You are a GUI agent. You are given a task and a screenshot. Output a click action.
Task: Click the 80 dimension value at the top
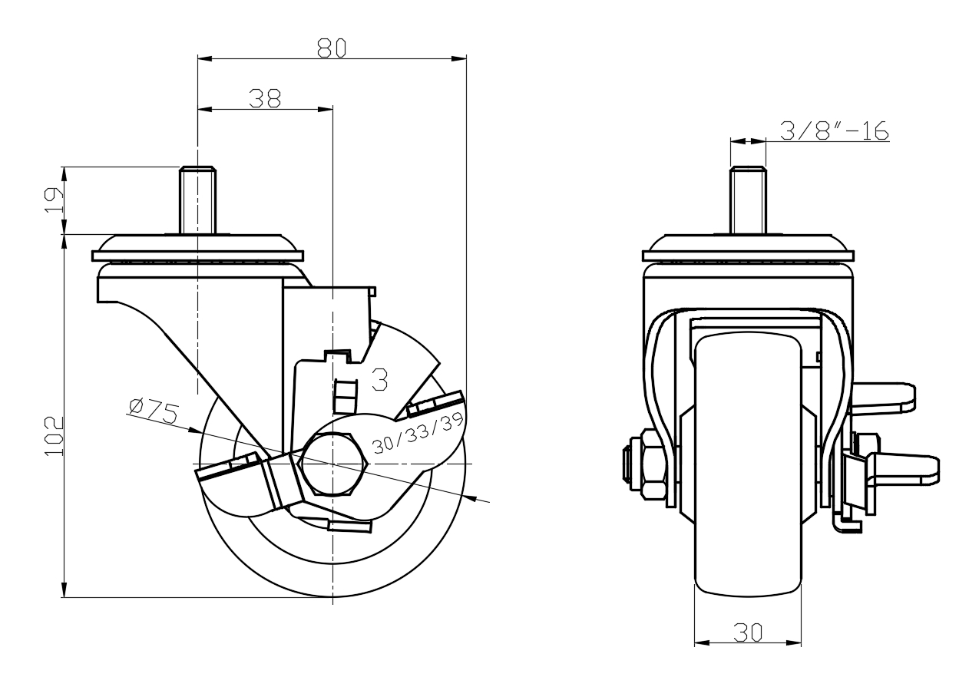click(332, 48)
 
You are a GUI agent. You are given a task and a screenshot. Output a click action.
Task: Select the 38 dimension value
click(265, 98)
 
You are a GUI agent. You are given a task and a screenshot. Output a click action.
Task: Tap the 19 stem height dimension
click(54, 200)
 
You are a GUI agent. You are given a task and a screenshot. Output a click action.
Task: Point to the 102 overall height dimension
click(54, 436)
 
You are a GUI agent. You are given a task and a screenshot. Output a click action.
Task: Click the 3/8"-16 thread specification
click(835, 130)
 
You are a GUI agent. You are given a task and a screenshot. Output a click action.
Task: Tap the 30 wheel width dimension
click(748, 633)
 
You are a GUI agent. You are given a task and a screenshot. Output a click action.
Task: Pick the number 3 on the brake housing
click(380, 379)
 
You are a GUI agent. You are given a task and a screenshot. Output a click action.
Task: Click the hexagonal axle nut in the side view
click(333, 464)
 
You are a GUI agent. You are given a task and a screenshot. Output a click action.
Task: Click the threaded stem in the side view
click(197, 200)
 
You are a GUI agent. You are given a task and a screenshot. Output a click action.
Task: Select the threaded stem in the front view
click(749, 200)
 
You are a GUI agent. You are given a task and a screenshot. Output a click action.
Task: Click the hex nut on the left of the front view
click(653, 464)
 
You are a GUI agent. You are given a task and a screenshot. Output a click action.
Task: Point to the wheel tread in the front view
click(748, 465)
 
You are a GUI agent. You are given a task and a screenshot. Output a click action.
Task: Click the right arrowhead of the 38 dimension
click(326, 109)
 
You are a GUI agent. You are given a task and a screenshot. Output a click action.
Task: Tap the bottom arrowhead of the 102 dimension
click(64, 589)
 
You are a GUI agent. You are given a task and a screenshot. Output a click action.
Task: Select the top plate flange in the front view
click(749, 256)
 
